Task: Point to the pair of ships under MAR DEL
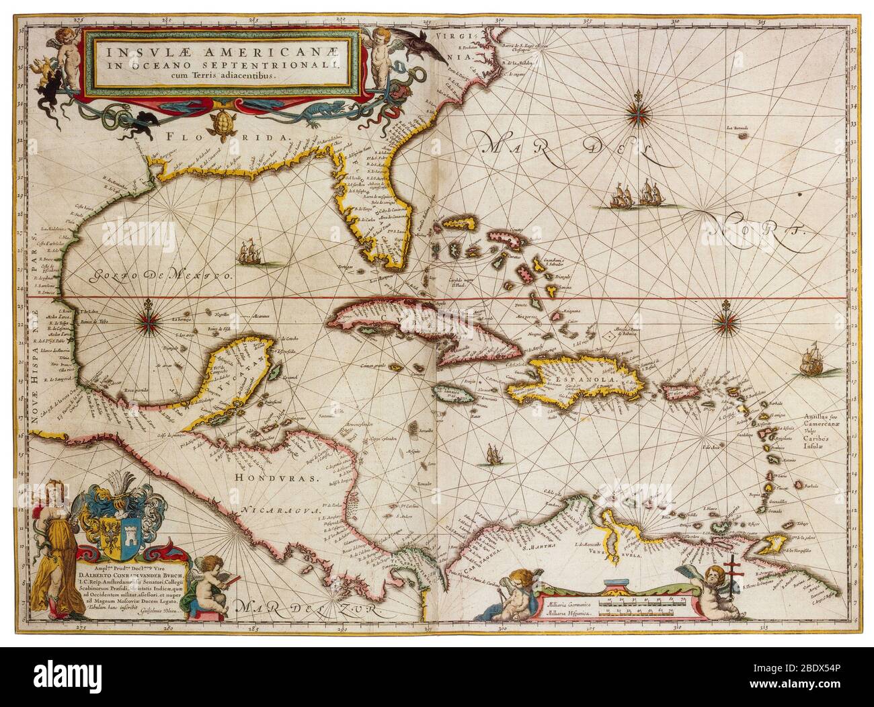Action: coord(635,195)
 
